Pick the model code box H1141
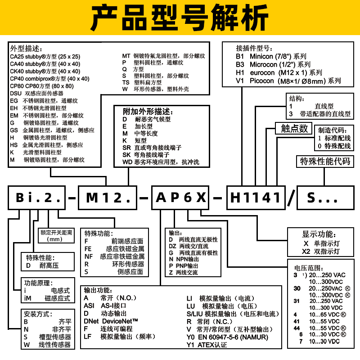coord(256,197)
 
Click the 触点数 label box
coord(294,128)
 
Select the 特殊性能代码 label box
coord(324,161)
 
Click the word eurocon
coord(261,73)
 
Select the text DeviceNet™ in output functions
coord(119,321)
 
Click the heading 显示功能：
coord(319,235)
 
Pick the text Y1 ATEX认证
coord(207,346)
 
